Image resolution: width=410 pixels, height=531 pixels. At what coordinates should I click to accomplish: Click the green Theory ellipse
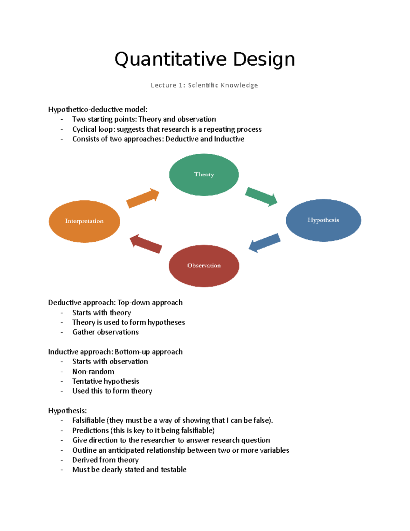pyautogui.click(x=204, y=174)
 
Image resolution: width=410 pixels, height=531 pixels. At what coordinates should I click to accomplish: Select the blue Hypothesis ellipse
pyautogui.click(x=323, y=220)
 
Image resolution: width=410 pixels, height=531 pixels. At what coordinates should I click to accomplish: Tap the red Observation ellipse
pyautogui.click(x=204, y=266)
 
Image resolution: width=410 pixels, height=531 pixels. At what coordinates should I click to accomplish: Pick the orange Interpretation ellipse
pyautogui.click(x=84, y=221)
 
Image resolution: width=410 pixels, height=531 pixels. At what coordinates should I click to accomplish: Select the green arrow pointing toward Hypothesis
pyautogui.click(x=261, y=197)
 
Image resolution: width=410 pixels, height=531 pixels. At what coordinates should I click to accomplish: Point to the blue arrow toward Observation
pyautogui.click(x=264, y=243)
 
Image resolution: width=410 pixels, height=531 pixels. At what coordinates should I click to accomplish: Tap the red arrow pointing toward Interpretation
pyautogui.click(x=146, y=244)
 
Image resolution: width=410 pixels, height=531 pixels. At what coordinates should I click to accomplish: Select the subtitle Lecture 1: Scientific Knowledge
pyautogui.click(x=204, y=85)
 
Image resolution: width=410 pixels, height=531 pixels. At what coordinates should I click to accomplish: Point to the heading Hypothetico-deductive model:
pyautogui.click(x=98, y=109)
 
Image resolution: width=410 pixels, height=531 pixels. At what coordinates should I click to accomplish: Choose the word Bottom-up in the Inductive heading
pyautogui.click(x=132, y=352)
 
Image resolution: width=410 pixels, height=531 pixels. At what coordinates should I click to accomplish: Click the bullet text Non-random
pyautogui.click(x=93, y=371)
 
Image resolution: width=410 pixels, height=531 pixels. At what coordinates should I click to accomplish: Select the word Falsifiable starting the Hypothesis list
pyautogui.click(x=88, y=420)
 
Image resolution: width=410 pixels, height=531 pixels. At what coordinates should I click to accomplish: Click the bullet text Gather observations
pyautogui.click(x=106, y=332)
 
